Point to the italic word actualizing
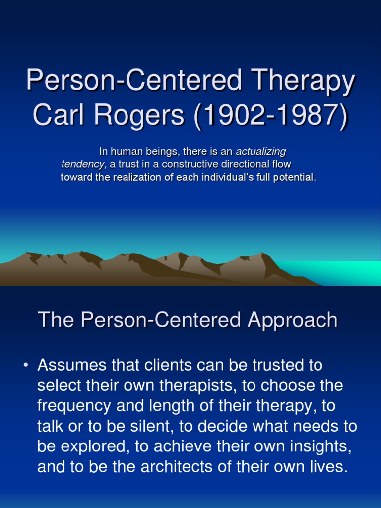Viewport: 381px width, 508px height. [261, 152]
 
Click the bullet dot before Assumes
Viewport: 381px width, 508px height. [26, 366]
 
